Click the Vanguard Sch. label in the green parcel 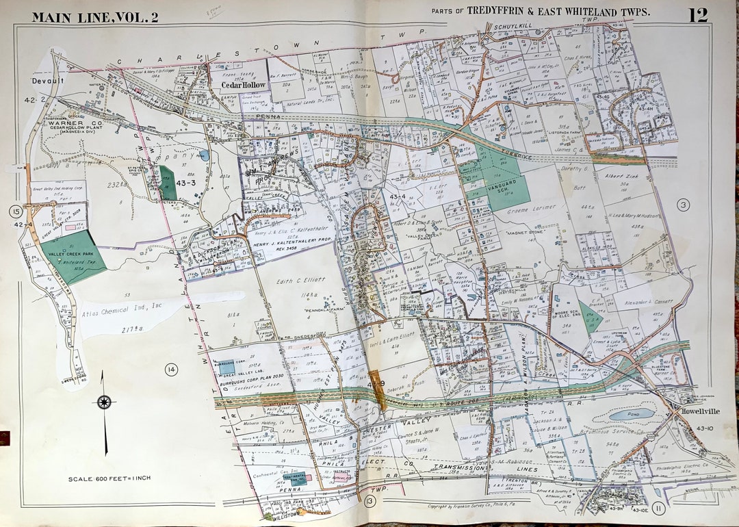point(504,185)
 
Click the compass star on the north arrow point(104,402)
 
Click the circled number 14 point(171,370)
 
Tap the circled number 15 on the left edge point(16,211)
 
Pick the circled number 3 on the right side point(682,204)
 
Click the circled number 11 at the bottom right point(658,508)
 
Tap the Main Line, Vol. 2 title point(95,17)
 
